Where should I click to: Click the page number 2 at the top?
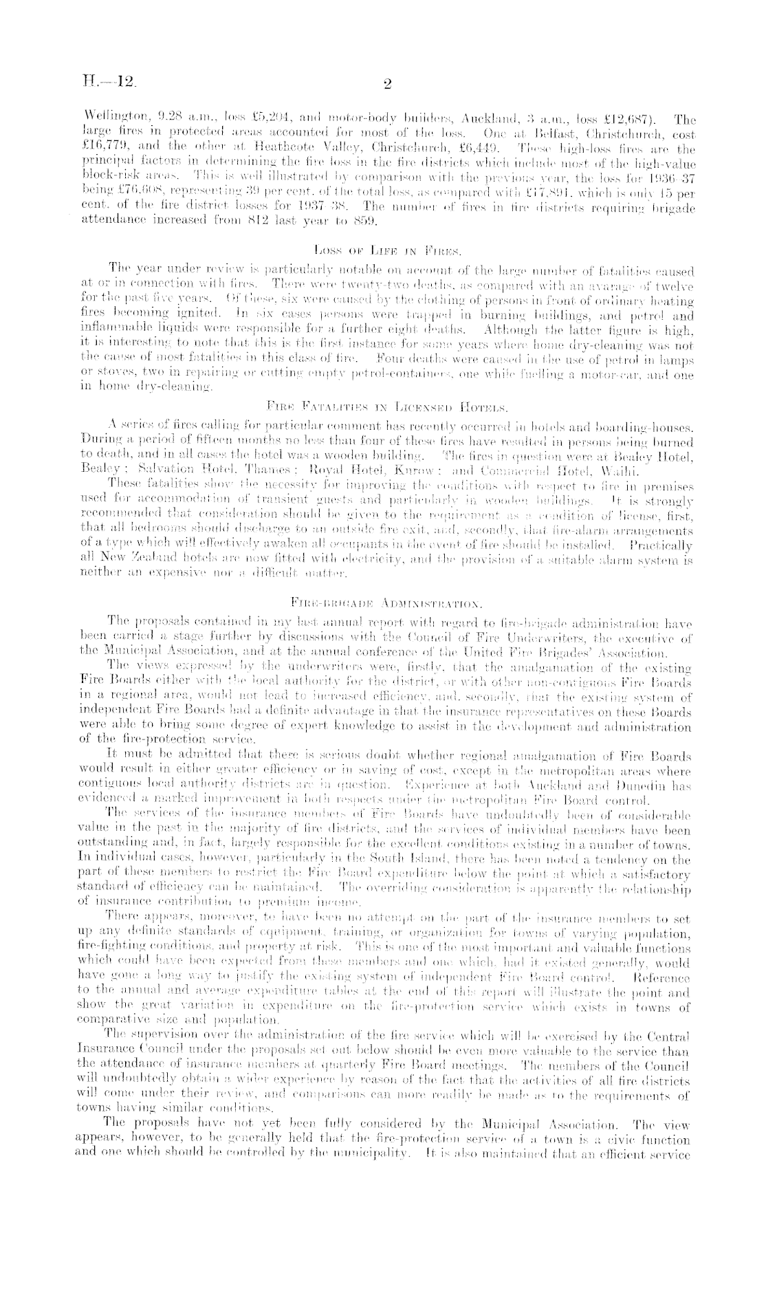click(386, 85)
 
